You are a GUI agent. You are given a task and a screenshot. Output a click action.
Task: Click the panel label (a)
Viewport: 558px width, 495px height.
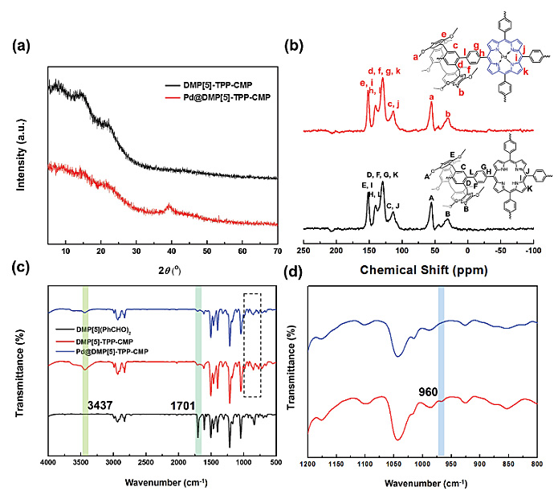24,45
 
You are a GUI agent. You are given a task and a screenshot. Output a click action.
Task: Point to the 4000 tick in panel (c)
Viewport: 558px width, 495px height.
48,463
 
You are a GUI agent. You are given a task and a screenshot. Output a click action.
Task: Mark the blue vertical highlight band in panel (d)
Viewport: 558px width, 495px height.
441,370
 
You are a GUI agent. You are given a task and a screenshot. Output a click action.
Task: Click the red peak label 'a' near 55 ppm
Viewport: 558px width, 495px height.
431,96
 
